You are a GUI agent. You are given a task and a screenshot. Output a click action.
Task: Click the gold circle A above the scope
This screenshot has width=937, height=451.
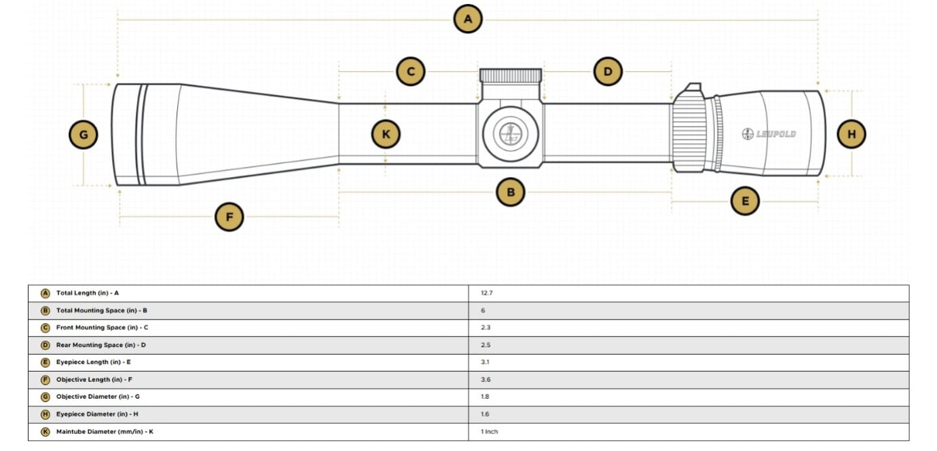468,19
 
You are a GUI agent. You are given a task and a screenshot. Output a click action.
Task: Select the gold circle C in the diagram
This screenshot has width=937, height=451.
411,71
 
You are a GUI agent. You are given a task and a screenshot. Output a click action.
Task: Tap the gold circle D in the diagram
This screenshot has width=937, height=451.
608,71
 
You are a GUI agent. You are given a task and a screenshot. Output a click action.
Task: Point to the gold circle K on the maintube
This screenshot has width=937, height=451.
386,134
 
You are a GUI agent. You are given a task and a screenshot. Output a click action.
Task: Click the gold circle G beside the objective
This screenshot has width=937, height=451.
84,135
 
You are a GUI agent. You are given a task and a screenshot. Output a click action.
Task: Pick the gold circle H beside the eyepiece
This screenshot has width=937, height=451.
851,134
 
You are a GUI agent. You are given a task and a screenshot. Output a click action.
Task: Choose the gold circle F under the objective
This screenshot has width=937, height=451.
229,217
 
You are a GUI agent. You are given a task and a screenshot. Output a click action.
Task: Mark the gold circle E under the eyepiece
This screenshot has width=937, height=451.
745,201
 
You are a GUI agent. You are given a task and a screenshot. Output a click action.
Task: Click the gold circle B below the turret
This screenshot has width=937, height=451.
511,192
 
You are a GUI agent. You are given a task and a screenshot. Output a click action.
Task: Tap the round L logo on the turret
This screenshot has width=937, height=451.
510,134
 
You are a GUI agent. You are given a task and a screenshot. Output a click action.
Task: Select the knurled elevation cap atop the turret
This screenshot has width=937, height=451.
511,75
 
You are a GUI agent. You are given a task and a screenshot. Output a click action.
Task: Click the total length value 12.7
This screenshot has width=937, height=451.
485,293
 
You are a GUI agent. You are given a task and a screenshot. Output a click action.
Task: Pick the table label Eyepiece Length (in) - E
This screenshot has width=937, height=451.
93,362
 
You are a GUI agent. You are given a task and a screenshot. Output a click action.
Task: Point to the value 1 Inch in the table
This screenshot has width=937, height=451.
489,431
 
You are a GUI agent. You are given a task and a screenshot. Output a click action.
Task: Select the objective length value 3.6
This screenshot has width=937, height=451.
485,380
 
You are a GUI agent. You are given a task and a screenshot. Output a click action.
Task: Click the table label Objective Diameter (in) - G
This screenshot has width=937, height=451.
98,397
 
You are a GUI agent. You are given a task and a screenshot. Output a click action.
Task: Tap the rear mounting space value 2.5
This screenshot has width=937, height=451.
485,345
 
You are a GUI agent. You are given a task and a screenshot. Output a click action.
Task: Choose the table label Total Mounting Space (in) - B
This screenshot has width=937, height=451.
101,311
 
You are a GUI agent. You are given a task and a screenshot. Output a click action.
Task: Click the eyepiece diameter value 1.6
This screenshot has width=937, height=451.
485,414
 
